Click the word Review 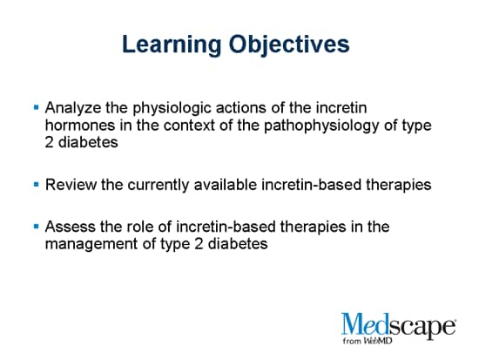69,185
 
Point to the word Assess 69,228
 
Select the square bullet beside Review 36,186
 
